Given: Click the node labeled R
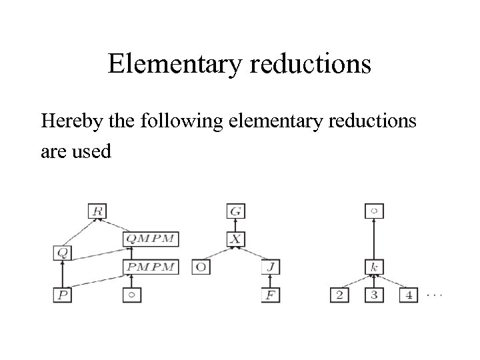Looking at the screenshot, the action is coord(97,211).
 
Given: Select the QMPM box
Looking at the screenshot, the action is coord(152,239).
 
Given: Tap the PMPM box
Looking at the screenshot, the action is coord(152,267).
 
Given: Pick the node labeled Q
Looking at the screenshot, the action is coord(62,253).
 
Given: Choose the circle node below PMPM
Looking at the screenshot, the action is coord(132,295).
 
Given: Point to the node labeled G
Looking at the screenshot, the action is coord(235,211).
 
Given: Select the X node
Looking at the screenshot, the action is coord(235,239).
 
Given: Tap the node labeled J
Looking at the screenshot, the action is coord(270,267).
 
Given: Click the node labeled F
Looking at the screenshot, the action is coord(270,295).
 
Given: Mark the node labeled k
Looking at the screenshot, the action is coord(374,267).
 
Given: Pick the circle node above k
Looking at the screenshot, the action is coord(374,211).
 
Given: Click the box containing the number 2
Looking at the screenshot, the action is coord(339,295).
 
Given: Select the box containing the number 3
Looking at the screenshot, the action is coord(374,295).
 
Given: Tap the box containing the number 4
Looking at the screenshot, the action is coord(409,295).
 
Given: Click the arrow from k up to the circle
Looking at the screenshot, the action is coord(374,239).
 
